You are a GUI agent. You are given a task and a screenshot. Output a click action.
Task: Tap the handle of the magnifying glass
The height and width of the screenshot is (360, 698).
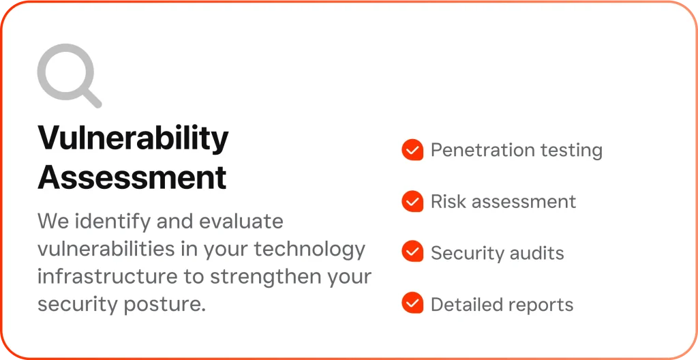coord(91,97)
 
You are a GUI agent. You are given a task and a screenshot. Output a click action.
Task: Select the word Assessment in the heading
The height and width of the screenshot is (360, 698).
coord(132,177)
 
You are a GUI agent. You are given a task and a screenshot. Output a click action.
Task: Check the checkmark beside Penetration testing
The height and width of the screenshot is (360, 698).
coord(412,150)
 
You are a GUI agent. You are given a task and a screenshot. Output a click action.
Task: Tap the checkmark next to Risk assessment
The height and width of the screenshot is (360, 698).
coord(412,201)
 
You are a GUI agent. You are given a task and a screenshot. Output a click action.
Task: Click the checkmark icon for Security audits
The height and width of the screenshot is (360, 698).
coord(412,252)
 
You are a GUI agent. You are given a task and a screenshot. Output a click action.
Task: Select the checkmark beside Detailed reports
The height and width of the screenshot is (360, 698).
coord(412,303)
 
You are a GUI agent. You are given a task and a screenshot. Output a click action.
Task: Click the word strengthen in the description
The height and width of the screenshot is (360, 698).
coord(261,277)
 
